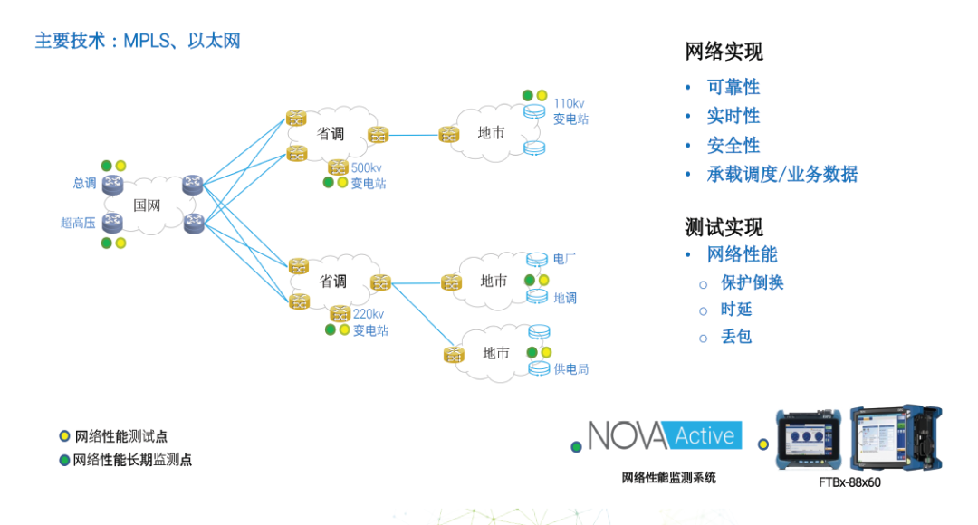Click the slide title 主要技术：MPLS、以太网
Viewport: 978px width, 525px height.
tap(138, 41)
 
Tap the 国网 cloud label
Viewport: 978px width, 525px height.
tap(147, 205)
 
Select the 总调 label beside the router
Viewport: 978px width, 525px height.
tap(84, 183)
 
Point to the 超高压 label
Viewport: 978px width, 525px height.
tap(78, 222)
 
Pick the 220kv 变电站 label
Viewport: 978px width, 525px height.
tap(370, 322)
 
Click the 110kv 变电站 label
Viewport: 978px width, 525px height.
tap(570, 111)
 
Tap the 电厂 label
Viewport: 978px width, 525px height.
tap(564, 259)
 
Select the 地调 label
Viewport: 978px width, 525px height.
tap(565, 297)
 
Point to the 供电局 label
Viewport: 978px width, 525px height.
tap(571, 368)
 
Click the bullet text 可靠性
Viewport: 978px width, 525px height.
tap(733, 87)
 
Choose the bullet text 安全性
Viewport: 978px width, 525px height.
tap(733, 145)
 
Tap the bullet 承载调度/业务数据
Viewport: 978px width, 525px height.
tap(782, 174)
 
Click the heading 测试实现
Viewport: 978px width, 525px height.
tap(724, 226)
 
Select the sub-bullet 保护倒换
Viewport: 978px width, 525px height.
tap(753, 282)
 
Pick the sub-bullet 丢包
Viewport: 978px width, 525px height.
tap(736, 337)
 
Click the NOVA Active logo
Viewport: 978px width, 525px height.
tap(665, 435)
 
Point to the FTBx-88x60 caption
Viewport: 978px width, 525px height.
tap(849, 482)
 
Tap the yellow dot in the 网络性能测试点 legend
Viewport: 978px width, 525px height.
tap(64, 436)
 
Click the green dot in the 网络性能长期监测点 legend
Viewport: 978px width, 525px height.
tap(64, 460)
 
